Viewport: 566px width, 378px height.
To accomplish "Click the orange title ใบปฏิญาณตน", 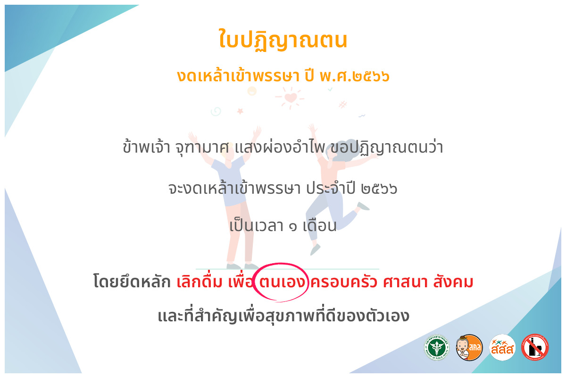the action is pyautogui.click(x=283, y=40).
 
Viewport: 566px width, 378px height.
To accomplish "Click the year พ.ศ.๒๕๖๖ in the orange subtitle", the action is pyautogui.click(x=355, y=76).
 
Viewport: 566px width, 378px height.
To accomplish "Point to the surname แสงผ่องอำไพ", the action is pyautogui.click(x=280, y=146).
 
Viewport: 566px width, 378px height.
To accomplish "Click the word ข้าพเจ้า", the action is pyautogui.click(x=146, y=146).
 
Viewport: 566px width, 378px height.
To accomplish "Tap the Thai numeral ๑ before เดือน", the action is pyautogui.click(x=293, y=227).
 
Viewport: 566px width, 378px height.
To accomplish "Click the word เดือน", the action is pyautogui.click(x=320, y=225).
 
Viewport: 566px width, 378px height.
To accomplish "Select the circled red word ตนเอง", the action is pyautogui.click(x=282, y=282).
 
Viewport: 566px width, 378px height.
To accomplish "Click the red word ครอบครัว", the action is pyautogui.click(x=344, y=281).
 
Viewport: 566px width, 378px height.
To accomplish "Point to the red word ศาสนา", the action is pyautogui.click(x=405, y=282).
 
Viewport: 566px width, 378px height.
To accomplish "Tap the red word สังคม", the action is pyautogui.click(x=453, y=281).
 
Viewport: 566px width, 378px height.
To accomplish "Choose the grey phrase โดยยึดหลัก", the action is pyautogui.click(x=132, y=281).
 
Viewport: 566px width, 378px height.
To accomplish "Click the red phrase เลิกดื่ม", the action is pyautogui.click(x=200, y=281).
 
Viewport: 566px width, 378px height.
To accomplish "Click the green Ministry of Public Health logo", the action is pyautogui.click(x=437, y=347).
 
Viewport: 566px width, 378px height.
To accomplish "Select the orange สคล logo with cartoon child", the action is pyautogui.click(x=469, y=347).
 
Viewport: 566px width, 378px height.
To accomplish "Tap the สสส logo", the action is pyautogui.click(x=502, y=347).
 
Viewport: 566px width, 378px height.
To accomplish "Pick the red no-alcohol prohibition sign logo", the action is pyautogui.click(x=535, y=347).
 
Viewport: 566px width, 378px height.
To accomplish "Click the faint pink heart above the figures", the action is pyautogui.click(x=291, y=97).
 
